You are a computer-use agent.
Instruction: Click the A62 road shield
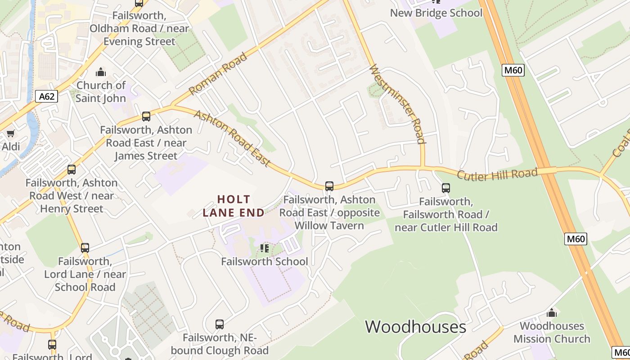tap(47, 96)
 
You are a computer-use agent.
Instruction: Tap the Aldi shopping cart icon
tap(10, 134)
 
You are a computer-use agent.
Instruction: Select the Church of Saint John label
tap(101, 91)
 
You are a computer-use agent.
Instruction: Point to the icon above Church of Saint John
tap(101, 72)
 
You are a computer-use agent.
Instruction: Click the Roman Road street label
tap(218, 74)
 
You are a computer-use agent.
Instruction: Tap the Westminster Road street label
tap(397, 104)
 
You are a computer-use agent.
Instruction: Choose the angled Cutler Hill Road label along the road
tap(497, 174)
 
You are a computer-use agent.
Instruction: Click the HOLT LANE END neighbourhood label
tap(234, 206)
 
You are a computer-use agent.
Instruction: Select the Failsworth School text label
tap(265, 261)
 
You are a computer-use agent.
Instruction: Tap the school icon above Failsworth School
tap(265, 248)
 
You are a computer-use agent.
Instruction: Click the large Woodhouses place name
tap(415, 327)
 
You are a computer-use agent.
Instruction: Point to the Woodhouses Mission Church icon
tap(552, 313)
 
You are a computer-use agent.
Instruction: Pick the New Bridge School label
tap(436, 13)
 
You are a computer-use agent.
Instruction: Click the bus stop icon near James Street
tap(146, 117)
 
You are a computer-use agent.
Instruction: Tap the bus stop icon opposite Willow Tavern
tap(329, 186)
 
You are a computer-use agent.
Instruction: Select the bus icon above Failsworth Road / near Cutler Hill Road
tap(446, 188)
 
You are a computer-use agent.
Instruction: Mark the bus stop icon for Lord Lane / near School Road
tap(85, 248)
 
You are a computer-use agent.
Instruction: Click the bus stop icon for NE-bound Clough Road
tap(220, 324)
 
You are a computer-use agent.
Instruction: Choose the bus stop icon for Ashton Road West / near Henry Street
tap(72, 170)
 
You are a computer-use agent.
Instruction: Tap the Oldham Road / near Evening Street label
tap(139, 28)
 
